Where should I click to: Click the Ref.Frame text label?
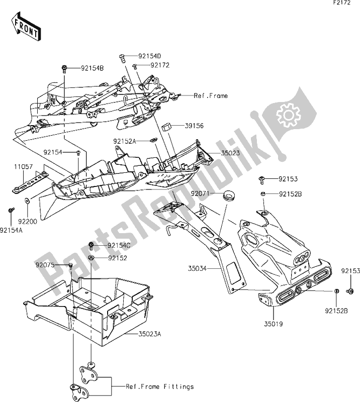(211, 95)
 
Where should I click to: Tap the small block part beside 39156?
(168, 126)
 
